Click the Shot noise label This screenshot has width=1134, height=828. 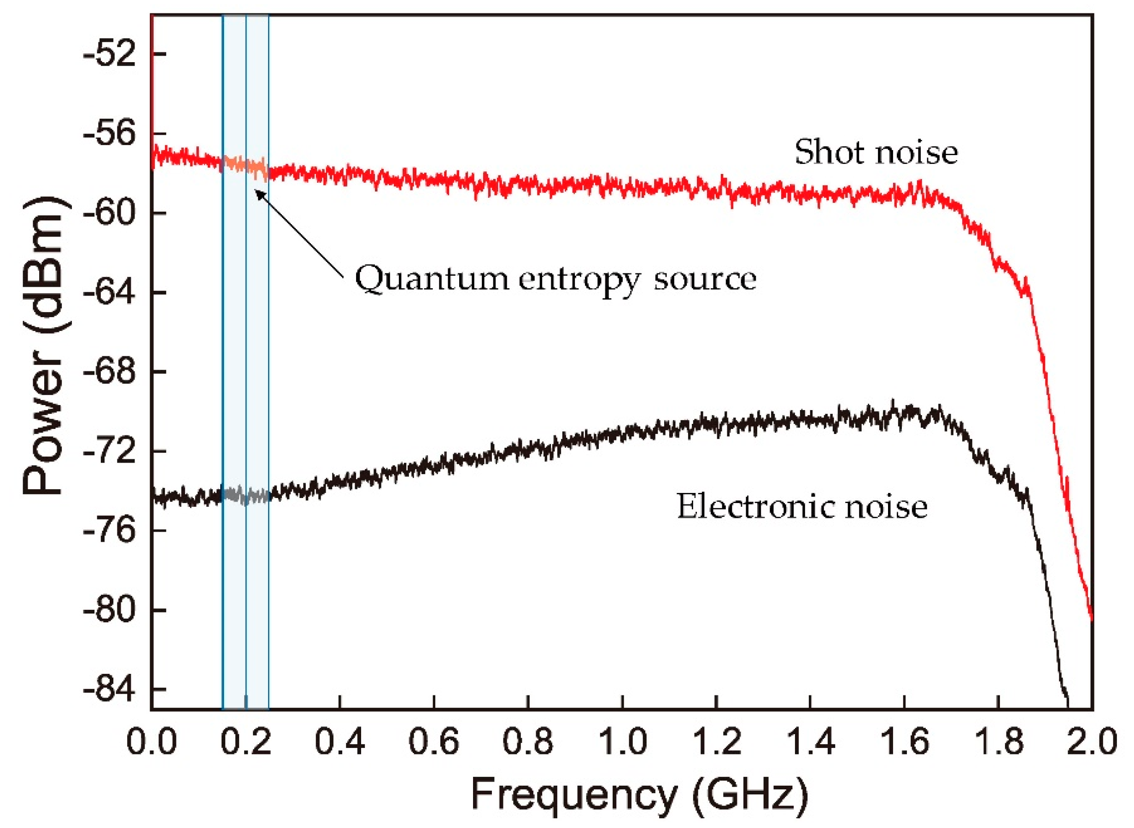click(876, 152)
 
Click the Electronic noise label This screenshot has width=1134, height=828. click(801, 507)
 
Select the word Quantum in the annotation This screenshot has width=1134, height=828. click(431, 279)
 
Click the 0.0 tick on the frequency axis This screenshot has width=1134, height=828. click(151, 742)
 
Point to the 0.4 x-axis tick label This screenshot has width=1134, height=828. click(339, 742)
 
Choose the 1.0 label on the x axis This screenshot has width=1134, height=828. click(622, 742)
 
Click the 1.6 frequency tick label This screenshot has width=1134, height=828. click(904, 742)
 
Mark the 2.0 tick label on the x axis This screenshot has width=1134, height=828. click(1091, 742)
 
